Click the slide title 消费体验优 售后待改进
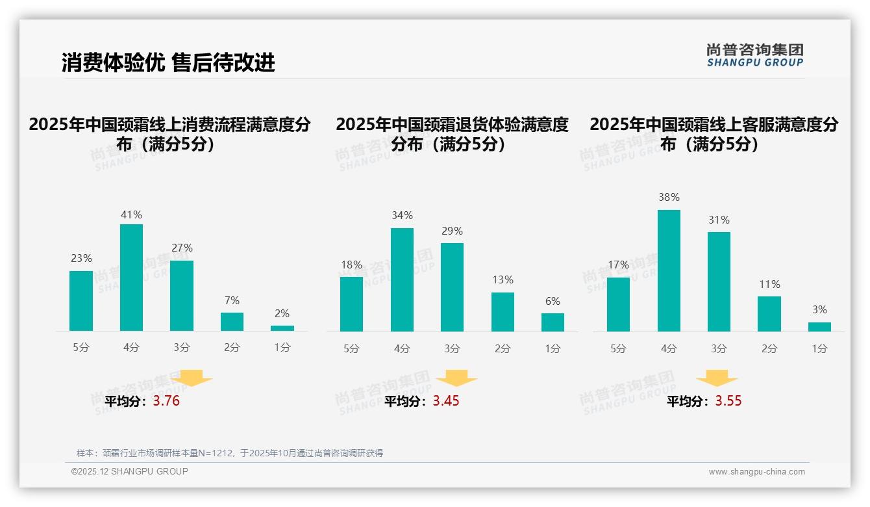pyautogui.click(x=168, y=62)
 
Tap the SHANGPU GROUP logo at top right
pyautogui.click(x=755, y=55)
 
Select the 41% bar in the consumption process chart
pyautogui.click(x=131, y=278)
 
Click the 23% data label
pyautogui.click(x=81, y=258)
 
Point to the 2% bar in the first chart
pyautogui.click(x=282, y=328)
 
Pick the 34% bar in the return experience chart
pyautogui.click(x=402, y=279)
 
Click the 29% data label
pyautogui.click(x=452, y=231)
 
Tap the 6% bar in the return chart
pyautogui.click(x=553, y=322)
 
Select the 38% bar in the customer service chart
pyautogui.click(x=669, y=270)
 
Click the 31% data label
pyautogui.click(x=719, y=220)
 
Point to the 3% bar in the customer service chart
pyautogui.click(x=819, y=327)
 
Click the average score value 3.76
pyautogui.click(x=166, y=401)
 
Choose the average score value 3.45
pyautogui.click(x=446, y=401)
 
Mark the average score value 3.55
pyautogui.click(x=728, y=401)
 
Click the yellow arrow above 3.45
pyautogui.click(x=456, y=378)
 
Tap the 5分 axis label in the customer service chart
pyautogui.click(x=618, y=349)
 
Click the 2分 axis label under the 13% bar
pyautogui.click(x=503, y=348)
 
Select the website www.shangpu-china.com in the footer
pyautogui.click(x=756, y=472)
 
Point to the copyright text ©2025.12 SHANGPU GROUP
pyautogui.click(x=129, y=471)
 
